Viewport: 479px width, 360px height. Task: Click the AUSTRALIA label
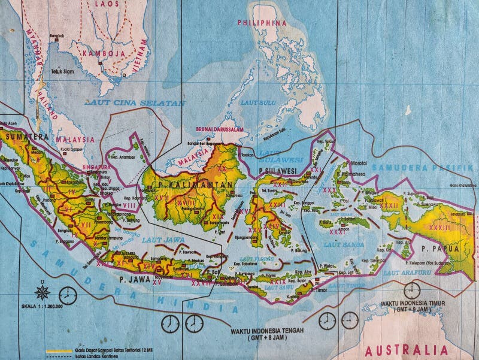(x=407, y=350)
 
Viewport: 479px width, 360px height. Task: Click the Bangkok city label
(x=57, y=34)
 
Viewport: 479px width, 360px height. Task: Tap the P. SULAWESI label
(x=278, y=171)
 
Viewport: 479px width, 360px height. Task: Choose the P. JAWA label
(x=129, y=279)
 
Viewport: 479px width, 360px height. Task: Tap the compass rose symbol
(x=43, y=292)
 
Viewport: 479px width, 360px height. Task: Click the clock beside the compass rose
(x=68, y=295)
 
